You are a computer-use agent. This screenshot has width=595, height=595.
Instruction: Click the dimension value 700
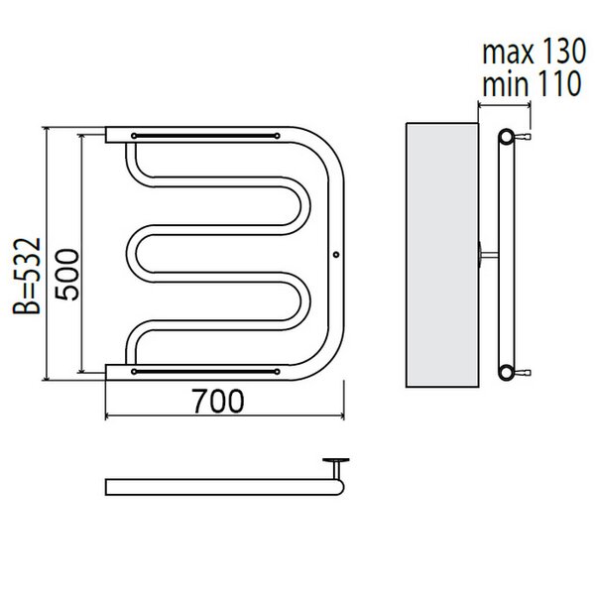pyautogui.click(x=218, y=401)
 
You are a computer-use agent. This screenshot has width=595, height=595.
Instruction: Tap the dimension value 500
pyautogui.click(x=67, y=275)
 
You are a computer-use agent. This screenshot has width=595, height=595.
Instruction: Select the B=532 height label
pyautogui.click(x=27, y=276)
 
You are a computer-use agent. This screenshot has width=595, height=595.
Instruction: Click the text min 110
pyautogui.click(x=532, y=83)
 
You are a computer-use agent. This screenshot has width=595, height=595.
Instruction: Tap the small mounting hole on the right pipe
pyautogui.click(x=336, y=255)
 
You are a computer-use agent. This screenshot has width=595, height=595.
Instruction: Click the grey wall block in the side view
pyautogui.click(x=442, y=255)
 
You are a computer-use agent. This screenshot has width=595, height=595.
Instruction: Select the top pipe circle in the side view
pyautogui.click(x=506, y=136)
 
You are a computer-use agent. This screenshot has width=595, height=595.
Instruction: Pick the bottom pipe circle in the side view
pyautogui.click(x=506, y=372)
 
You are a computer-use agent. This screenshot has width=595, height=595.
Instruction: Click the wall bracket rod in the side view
pyautogui.click(x=489, y=254)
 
